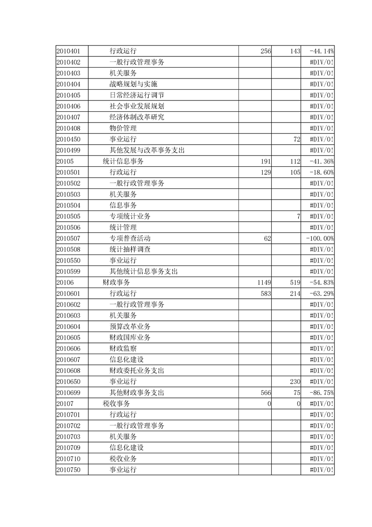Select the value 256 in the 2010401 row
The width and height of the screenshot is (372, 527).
click(266, 51)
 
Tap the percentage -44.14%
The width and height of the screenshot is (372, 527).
click(322, 51)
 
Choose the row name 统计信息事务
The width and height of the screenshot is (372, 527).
click(123, 161)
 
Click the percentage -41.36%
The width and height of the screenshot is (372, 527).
click(322, 161)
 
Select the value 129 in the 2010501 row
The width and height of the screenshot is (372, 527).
click(266, 172)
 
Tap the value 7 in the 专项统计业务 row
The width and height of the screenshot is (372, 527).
click(298, 216)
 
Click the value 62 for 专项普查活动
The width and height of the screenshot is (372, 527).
click(267, 238)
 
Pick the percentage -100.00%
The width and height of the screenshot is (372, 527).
click(320, 238)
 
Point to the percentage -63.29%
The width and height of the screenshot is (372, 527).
click(322, 294)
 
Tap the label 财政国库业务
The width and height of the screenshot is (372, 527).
click(130, 337)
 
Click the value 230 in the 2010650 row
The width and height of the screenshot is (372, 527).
click(295, 381)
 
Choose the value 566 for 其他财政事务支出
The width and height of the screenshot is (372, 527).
click(266, 393)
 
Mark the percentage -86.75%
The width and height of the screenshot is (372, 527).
click(322, 393)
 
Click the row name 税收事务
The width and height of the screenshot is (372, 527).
click(116, 403)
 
